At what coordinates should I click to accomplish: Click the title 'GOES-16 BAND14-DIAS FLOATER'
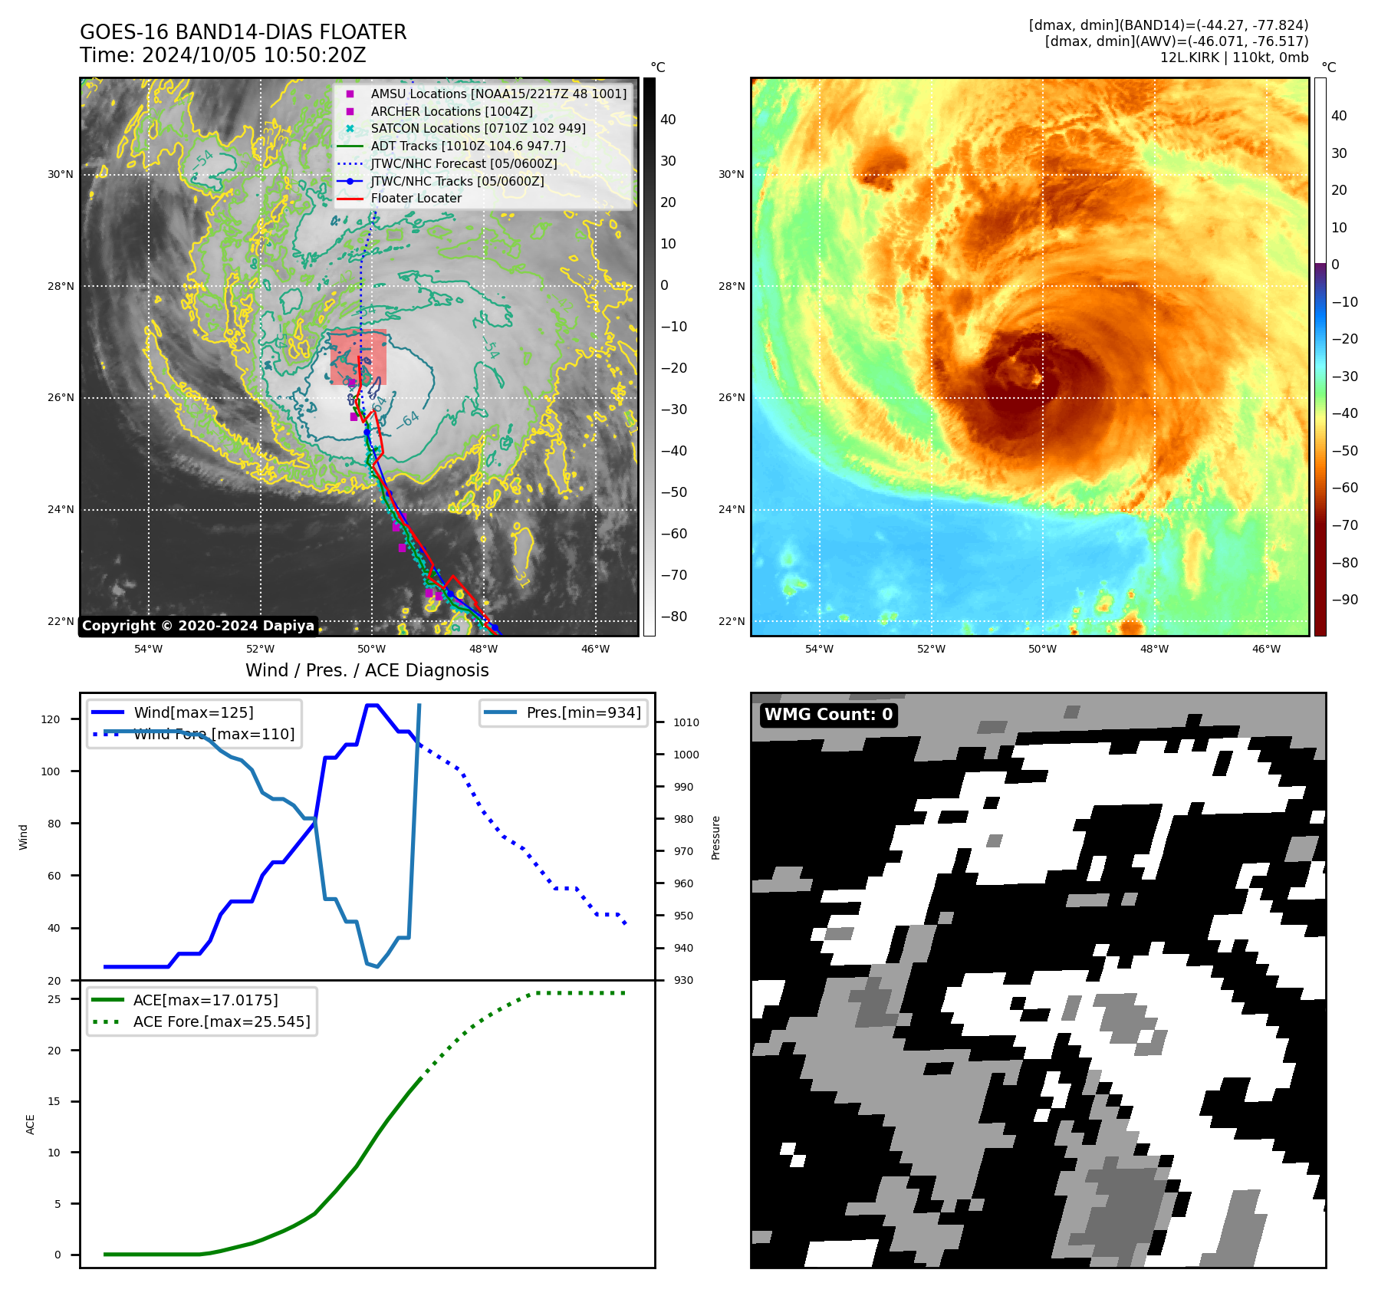[x=243, y=32]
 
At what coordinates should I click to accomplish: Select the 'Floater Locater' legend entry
[x=416, y=199]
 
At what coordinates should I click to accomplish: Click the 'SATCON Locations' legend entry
[x=478, y=129]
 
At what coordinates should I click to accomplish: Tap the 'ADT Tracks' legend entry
[x=468, y=146]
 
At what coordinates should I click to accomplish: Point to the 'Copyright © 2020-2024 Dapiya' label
[x=198, y=626]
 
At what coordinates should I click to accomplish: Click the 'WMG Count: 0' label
[x=828, y=715]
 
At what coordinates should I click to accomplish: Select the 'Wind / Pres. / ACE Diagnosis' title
[x=367, y=670]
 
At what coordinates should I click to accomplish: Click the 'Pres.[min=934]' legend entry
[x=584, y=712]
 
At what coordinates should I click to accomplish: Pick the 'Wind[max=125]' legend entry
[x=193, y=712]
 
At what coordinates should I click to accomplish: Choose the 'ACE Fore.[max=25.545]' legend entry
[x=222, y=1021]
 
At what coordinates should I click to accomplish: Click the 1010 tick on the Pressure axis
[x=686, y=722]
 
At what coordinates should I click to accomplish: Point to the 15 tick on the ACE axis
[x=54, y=1101]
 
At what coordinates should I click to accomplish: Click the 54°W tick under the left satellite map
[x=148, y=649]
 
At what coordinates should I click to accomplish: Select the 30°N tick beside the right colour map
[x=731, y=174]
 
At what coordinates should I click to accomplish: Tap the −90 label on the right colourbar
[x=1344, y=600]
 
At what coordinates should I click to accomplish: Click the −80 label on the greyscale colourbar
[x=674, y=617]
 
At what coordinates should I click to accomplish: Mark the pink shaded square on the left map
[x=358, y=357]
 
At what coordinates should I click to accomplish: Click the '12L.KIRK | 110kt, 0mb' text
[x=1234, y=58]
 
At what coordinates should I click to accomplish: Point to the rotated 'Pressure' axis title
[x=715, y=837]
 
